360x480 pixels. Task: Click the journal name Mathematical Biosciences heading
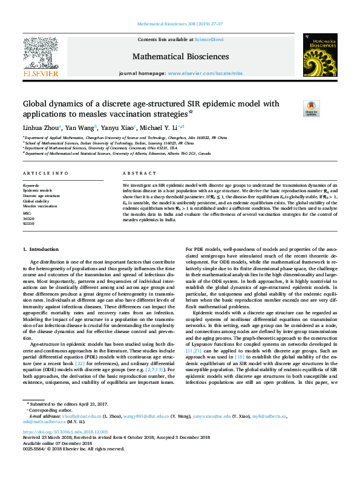point(180,57)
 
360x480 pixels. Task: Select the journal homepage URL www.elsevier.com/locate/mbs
point(205,73)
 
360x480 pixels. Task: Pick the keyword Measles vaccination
point(40,206)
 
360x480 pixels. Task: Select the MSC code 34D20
point(30,218)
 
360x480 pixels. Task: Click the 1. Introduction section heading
point(41,249)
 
